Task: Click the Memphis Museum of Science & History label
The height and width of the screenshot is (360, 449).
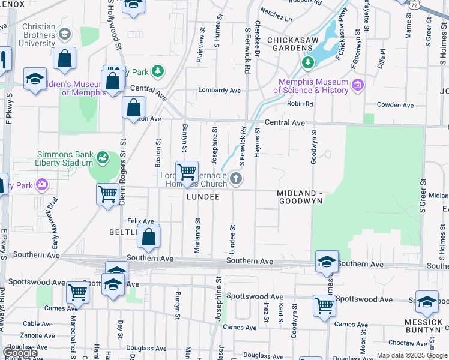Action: click(x=311, y=86)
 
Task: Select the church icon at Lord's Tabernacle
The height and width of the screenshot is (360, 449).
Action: click(x=237, y=178)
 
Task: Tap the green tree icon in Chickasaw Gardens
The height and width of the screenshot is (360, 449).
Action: click(x=308, y=62)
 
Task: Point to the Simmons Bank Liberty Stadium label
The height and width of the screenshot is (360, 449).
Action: click(x=65, y=158)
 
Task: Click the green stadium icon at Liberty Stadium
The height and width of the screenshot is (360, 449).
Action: click(x=103, y=158)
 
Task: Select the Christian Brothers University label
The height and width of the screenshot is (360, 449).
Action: click(x=38, y=35)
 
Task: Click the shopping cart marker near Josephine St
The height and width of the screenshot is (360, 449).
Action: click(x=187, y=172)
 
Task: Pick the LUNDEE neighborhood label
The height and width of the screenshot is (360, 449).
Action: click(x=202, y=197)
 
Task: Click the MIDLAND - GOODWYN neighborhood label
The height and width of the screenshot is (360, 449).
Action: click(x=300, y=197)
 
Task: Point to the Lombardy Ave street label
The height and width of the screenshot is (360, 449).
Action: click(x=220, y=91)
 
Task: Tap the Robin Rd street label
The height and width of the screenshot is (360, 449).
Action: click(x=300, y=104)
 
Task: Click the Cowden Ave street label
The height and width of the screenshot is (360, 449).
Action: click(x=395, y=105)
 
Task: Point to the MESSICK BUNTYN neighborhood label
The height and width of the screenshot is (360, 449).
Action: click(x=424, y=326)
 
